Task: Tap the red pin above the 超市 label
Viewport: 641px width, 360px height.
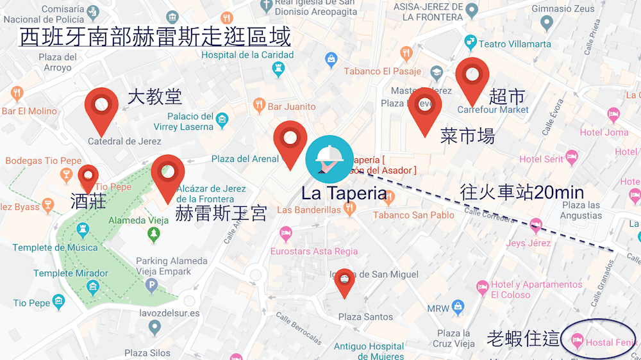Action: click(x=472, y=78)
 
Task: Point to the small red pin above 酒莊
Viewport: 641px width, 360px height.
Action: click(x=88, y=176)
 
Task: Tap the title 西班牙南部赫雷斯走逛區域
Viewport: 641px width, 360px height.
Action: click(x=155, y=37)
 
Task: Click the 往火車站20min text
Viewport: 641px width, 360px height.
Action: click(x=522, y=192)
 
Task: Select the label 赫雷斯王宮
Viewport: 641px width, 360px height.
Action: click(x=221, y=213)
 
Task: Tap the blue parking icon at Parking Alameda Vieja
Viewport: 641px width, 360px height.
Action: click(x=152, y=286)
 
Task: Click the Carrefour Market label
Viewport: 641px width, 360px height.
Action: click(x=493, y=110)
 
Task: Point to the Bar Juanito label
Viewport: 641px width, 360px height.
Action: click(x=292, y=106)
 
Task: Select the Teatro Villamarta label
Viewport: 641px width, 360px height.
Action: click(x=515, y=44)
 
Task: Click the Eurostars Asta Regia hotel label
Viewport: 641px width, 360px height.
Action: click(x=313, y=251)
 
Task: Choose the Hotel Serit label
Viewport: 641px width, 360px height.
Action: click(x=541, y=159)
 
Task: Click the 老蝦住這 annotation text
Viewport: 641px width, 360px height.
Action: click(x=523, y=338)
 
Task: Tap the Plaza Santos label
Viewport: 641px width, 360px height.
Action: click(x=365, y=317)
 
